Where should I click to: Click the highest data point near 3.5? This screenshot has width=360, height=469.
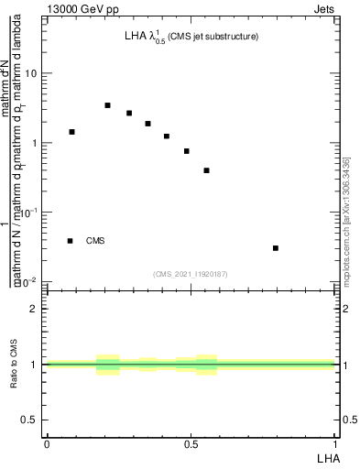coord(107,105)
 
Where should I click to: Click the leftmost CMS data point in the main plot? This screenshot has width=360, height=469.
coord(71,132)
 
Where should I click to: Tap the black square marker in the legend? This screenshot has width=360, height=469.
coord(70,241)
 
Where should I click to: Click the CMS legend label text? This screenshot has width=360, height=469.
coord(95,241)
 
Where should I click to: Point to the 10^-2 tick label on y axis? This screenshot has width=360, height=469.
coord(30,282)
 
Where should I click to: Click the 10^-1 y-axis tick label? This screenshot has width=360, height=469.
coord(30,213)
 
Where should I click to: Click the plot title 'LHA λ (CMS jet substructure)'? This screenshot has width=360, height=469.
coord(191,38)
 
